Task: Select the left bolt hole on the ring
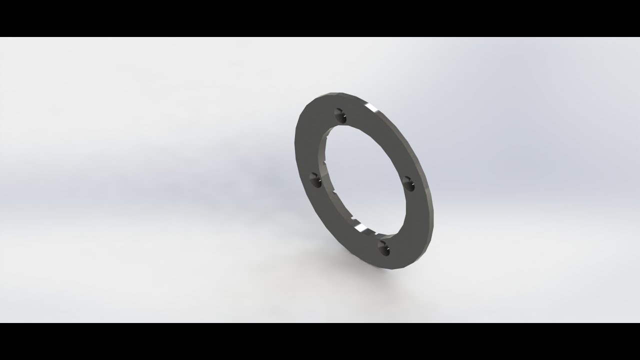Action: [x=315, y=180]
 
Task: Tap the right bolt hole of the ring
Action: [x=408, y=183]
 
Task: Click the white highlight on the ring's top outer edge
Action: [x=372, y=108]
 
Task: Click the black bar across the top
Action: [x=320, y=18]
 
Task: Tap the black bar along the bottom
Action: [x=320, y=341]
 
